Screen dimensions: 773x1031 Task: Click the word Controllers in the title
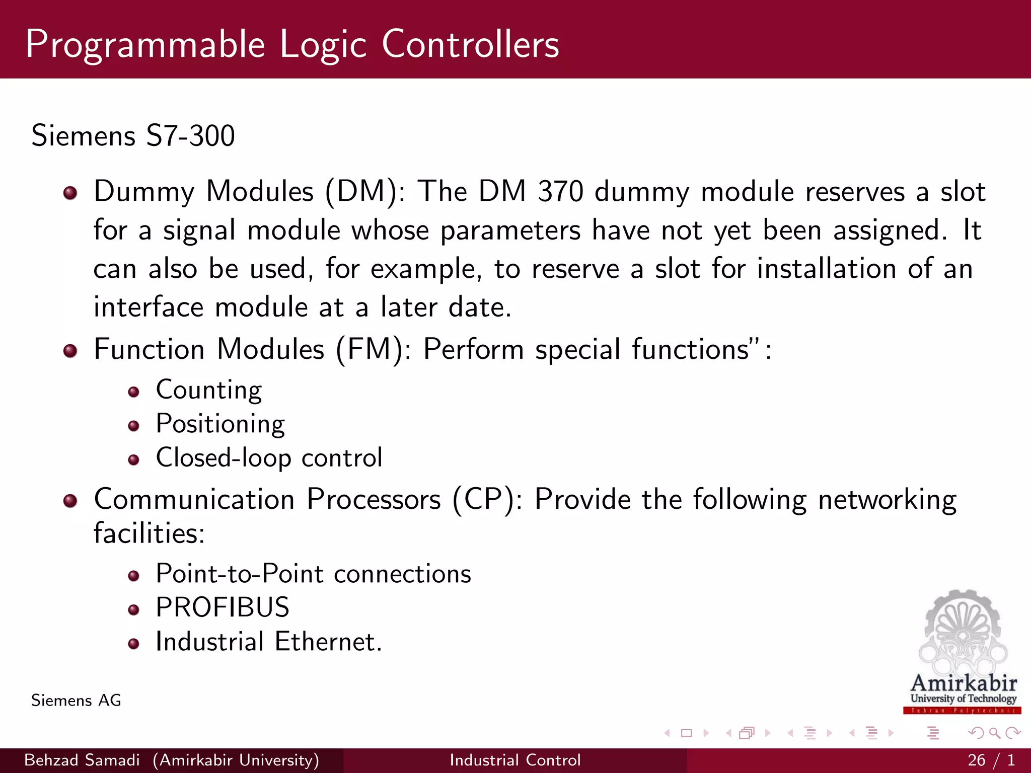pyautogui.click(x=470, y=44)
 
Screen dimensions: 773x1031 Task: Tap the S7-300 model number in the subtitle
pyautogui.click(x=190, y=136)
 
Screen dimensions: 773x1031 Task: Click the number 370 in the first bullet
pyautogui.click(x=560, y=192)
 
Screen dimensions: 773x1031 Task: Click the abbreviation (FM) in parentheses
pyautogui.click(x=371, y=349)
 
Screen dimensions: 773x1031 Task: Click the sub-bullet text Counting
pyautogui.click(x=209, y=390)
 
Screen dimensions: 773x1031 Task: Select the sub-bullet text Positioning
pyautogui.click(x=220, y=424)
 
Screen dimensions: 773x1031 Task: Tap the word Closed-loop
pyautogui.click(x=224, y=458)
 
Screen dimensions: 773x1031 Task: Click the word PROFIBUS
pyautogui.click(x=223, y=607)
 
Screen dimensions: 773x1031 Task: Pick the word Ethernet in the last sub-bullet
pyautogui.click(x=328, y=642)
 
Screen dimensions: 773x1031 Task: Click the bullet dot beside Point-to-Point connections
pyautogui.click(x=133, y=576)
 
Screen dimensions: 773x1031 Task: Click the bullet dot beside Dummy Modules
pyautogui.click(x=70, y=193)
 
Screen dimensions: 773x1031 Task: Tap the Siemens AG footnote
pyautogui.click(x=76, y=701)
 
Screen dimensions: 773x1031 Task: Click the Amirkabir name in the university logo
pyautogui.click(x=964, y=683)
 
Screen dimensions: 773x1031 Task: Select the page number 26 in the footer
pyautogui.click(x=976, y=760)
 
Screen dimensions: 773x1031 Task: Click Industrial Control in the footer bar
pyautogui.click(x=515, y=760)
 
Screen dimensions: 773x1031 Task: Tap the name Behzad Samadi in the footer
pyautogui.click(x=82, y=760)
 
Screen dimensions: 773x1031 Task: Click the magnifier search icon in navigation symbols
pyautogui.click(x=994, y=733)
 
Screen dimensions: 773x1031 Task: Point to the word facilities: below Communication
pyautogui.click(x=150, y=533)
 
